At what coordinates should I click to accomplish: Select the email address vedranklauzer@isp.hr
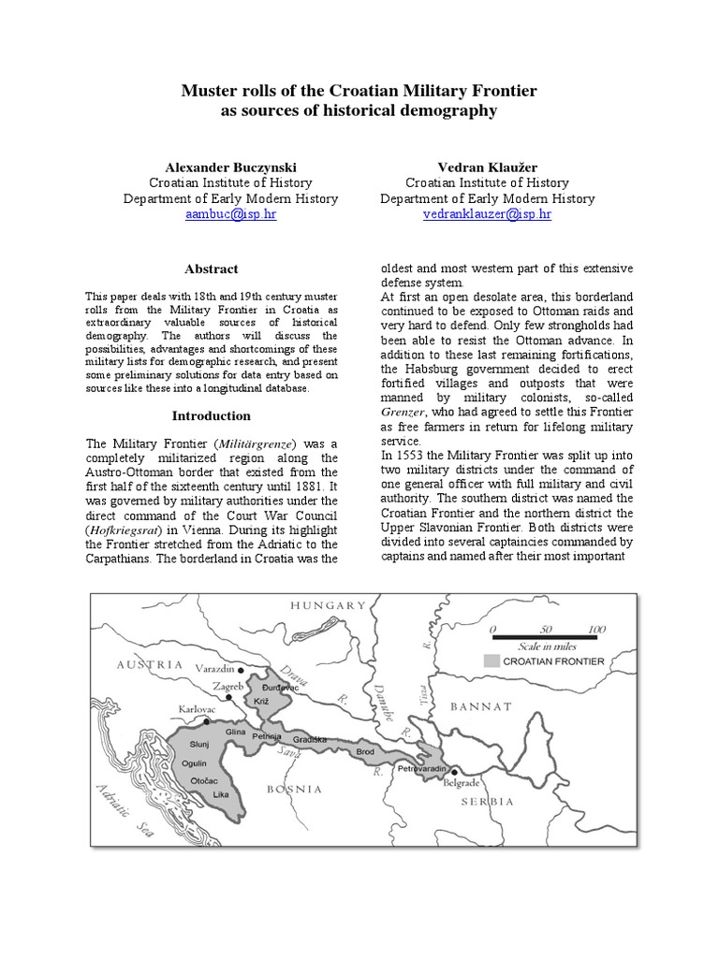click(x=487, y=214)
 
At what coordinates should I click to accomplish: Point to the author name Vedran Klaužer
click(x=487, y=166)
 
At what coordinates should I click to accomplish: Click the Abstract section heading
click(x=211, y=269)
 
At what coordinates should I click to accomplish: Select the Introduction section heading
click(x=211, y=415)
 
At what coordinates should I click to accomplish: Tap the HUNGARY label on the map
click(x=328, y=606)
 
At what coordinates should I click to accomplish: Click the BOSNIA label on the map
click(x=295, y=789)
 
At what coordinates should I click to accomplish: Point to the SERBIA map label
click(x=487, y=802)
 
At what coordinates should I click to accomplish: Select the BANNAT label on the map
click(x=482, y=706)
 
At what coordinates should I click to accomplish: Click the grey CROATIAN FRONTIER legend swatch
click(x=492, y=660)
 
